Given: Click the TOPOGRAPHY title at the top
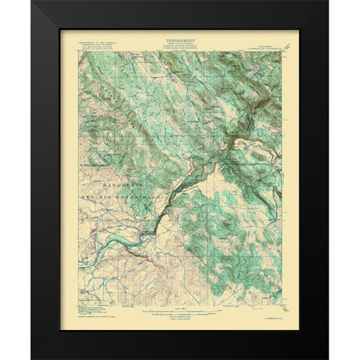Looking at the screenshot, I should point(181,34).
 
